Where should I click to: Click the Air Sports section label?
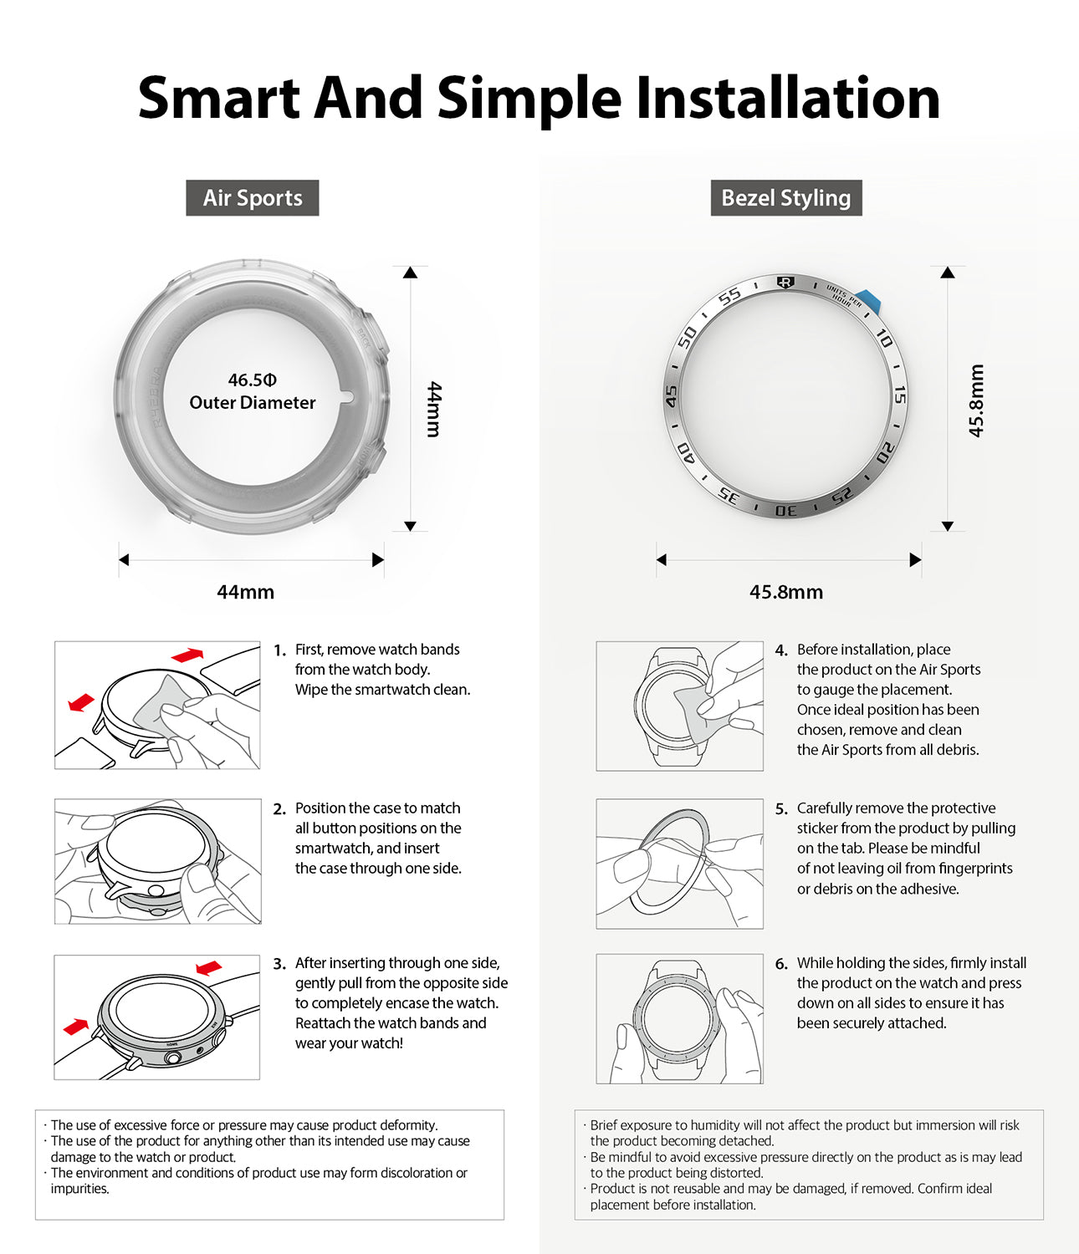[x=252, y=198]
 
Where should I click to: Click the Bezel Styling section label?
[x=785, y=198]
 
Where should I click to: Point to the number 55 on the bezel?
[x=729, y=296]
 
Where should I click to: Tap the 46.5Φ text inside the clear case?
[x=252, y=380]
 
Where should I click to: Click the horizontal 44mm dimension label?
[x=245, y=592]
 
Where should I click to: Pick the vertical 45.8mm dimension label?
[x=976, y=400]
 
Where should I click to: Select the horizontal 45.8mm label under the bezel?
[x=785, y=592]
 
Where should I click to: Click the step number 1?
[x=279, y=650]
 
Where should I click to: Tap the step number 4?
[x=780, y=650]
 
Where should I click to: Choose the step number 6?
[x=780, y=964]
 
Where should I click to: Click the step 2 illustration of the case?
[x=157, y=861]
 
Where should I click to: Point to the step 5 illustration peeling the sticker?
[x=679, y=864]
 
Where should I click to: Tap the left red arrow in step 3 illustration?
[x=76, y=1025]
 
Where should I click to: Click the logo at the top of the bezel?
[x=785, y=283]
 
